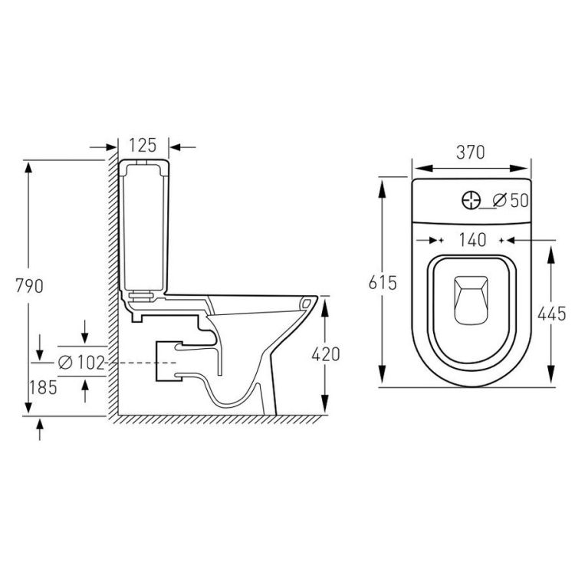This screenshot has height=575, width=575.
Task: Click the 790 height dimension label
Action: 29,286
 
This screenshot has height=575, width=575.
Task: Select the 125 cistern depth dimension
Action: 143,145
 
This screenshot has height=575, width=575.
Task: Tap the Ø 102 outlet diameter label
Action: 81,363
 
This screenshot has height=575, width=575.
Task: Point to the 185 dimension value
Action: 43,388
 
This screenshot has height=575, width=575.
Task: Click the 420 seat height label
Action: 326,354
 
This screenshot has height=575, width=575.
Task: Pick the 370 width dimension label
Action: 471,153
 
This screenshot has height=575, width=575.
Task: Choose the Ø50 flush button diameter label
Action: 511,200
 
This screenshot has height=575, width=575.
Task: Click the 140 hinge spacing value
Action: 472,240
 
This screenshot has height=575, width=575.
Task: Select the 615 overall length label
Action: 383,283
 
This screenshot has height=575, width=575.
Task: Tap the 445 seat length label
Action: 551,314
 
